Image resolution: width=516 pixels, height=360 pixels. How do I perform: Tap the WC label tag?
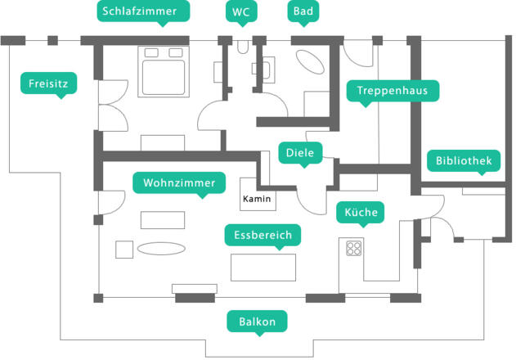point(241,11)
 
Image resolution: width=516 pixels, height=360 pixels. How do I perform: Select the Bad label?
point(303,11)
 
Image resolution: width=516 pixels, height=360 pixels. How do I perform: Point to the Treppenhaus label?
point(393,90)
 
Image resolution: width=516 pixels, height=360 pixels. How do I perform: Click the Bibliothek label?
point(464,161)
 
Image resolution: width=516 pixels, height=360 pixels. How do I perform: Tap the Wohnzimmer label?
point(179,182)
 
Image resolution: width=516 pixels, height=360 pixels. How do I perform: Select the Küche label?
point(361,213)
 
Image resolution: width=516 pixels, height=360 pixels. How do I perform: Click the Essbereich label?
point(262,236)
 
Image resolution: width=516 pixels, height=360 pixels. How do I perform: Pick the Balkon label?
point(257,322)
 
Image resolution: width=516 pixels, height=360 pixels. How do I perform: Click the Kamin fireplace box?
point(258,198)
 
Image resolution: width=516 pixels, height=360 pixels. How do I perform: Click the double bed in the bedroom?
point(163,71)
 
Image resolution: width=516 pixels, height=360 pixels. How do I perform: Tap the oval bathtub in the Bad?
point(309,64)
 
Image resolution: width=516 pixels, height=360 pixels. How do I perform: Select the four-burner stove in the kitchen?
point(354,247)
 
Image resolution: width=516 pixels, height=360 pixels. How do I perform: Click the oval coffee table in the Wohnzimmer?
point(160,248)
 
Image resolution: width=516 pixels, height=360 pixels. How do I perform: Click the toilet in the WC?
point(241,47)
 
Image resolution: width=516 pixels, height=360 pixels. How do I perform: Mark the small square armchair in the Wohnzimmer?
point(124,249)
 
